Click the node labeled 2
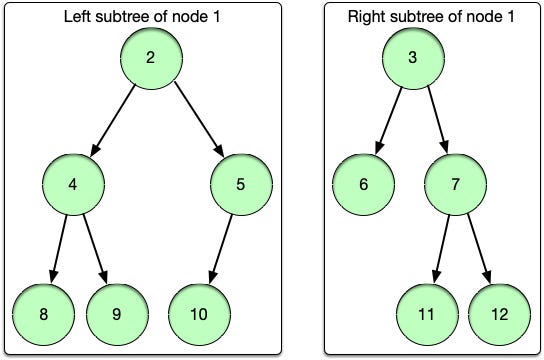coord(150,56)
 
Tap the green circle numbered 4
coord(72,184)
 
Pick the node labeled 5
coord(241,184)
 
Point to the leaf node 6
coord(362,184)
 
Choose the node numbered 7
coord(454,184)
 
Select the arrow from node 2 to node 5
coord(196,119)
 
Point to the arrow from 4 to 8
coord(57,247)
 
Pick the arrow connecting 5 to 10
coord(221,247)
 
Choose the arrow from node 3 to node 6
coord(389,119)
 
